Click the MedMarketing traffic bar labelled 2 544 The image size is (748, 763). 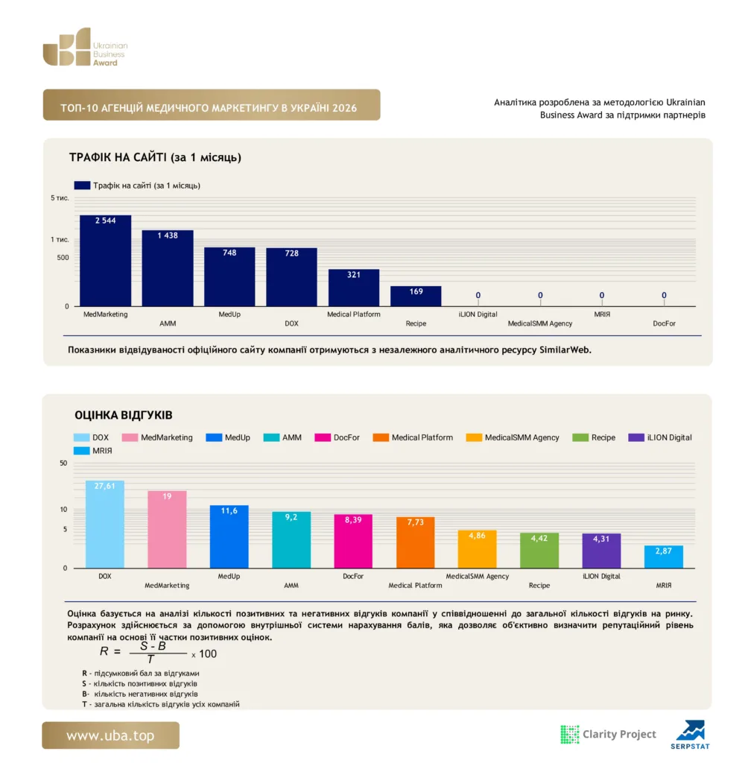pyautogui.click(x=106, y=260)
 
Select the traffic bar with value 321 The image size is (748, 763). pyautogui.click(x=354, y=288)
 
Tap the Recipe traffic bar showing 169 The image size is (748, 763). pyautogui.click(x=416, y=296)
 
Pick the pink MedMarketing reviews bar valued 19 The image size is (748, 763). pyautogui.click(x=167, y=530)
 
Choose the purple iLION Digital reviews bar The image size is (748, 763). pyautogui.click(x=601, y=551)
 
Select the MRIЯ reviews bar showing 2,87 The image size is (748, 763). pyautogui.click(x=664, y=557)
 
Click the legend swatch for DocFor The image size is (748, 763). pyautogui.click(x=323, y=437)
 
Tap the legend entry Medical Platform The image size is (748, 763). pyautogui.click(x=413, y=437)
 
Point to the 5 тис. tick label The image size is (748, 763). pyautogui.click(x=60, y=198)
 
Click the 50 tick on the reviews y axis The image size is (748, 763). pyautogui.click(x=63, y=463)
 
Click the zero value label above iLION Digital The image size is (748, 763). pyautogui.click(x=478, y=295)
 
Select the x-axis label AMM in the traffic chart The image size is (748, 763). pyautogui.click(x=168, y=323)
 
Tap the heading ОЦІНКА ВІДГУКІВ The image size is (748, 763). pyautogui.click(x=124, y=415)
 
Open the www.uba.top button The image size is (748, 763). pyautogui.click(x=110, y=735)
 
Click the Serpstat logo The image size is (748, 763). pyautogui.click(x=690, y=735)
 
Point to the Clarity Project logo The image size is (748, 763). pyautogui.click(x=609, y=734)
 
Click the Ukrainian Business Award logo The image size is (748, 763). pyautogui.click(x=85, y=47)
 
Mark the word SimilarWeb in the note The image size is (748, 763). pyautogui.click(x=565, y=350)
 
